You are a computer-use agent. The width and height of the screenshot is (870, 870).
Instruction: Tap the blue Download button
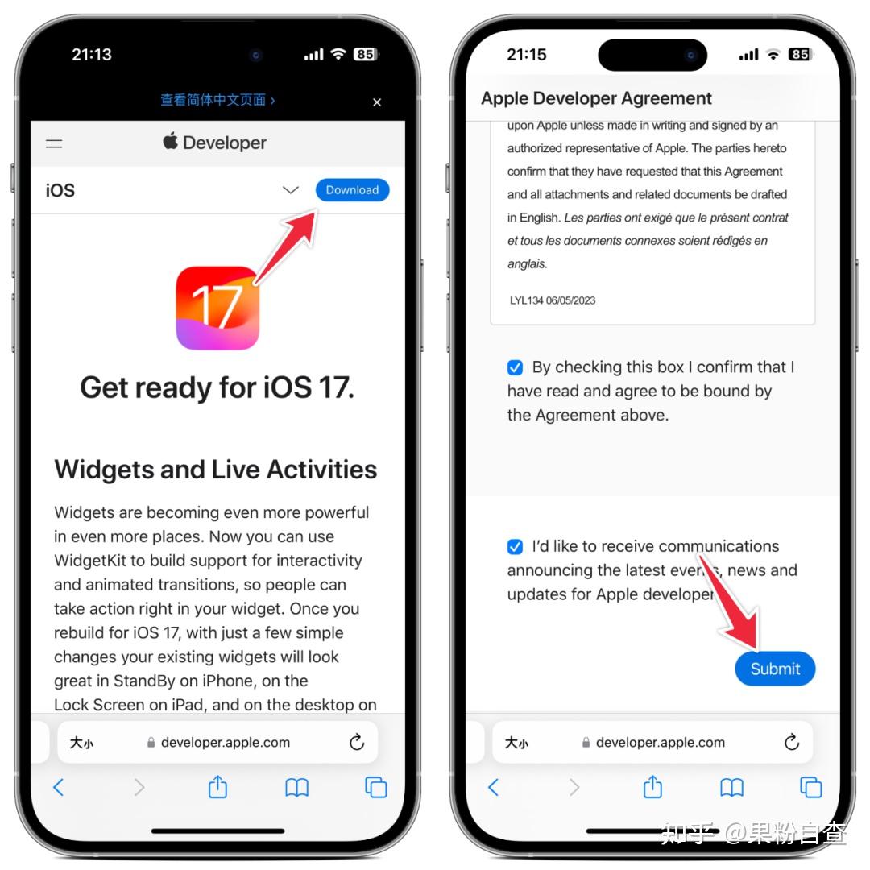352,190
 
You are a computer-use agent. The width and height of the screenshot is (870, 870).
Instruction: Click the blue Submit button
775,669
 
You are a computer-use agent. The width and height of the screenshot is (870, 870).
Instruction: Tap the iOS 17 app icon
217,308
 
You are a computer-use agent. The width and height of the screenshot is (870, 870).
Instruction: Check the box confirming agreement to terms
515,367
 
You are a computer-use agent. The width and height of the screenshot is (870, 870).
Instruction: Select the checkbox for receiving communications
515,547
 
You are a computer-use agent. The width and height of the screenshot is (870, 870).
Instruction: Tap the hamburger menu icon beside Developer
54,143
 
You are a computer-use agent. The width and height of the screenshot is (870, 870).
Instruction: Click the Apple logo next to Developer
170,142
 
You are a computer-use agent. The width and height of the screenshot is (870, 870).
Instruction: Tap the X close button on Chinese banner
377,102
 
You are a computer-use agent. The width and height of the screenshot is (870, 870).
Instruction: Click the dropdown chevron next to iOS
291,190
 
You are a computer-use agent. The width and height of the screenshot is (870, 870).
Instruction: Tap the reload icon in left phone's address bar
357,743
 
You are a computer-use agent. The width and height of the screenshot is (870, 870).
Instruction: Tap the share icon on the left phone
217,787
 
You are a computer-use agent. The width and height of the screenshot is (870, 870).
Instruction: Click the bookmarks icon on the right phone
731,787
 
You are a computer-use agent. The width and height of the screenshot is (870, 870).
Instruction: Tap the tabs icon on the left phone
376,787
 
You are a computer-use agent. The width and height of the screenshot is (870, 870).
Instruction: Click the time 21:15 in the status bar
526,55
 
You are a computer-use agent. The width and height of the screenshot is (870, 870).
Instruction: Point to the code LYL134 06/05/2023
553,300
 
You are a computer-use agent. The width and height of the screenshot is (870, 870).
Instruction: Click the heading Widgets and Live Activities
215,470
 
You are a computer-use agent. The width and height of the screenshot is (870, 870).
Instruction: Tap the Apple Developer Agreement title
596,98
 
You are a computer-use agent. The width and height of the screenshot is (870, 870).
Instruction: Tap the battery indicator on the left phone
366,55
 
